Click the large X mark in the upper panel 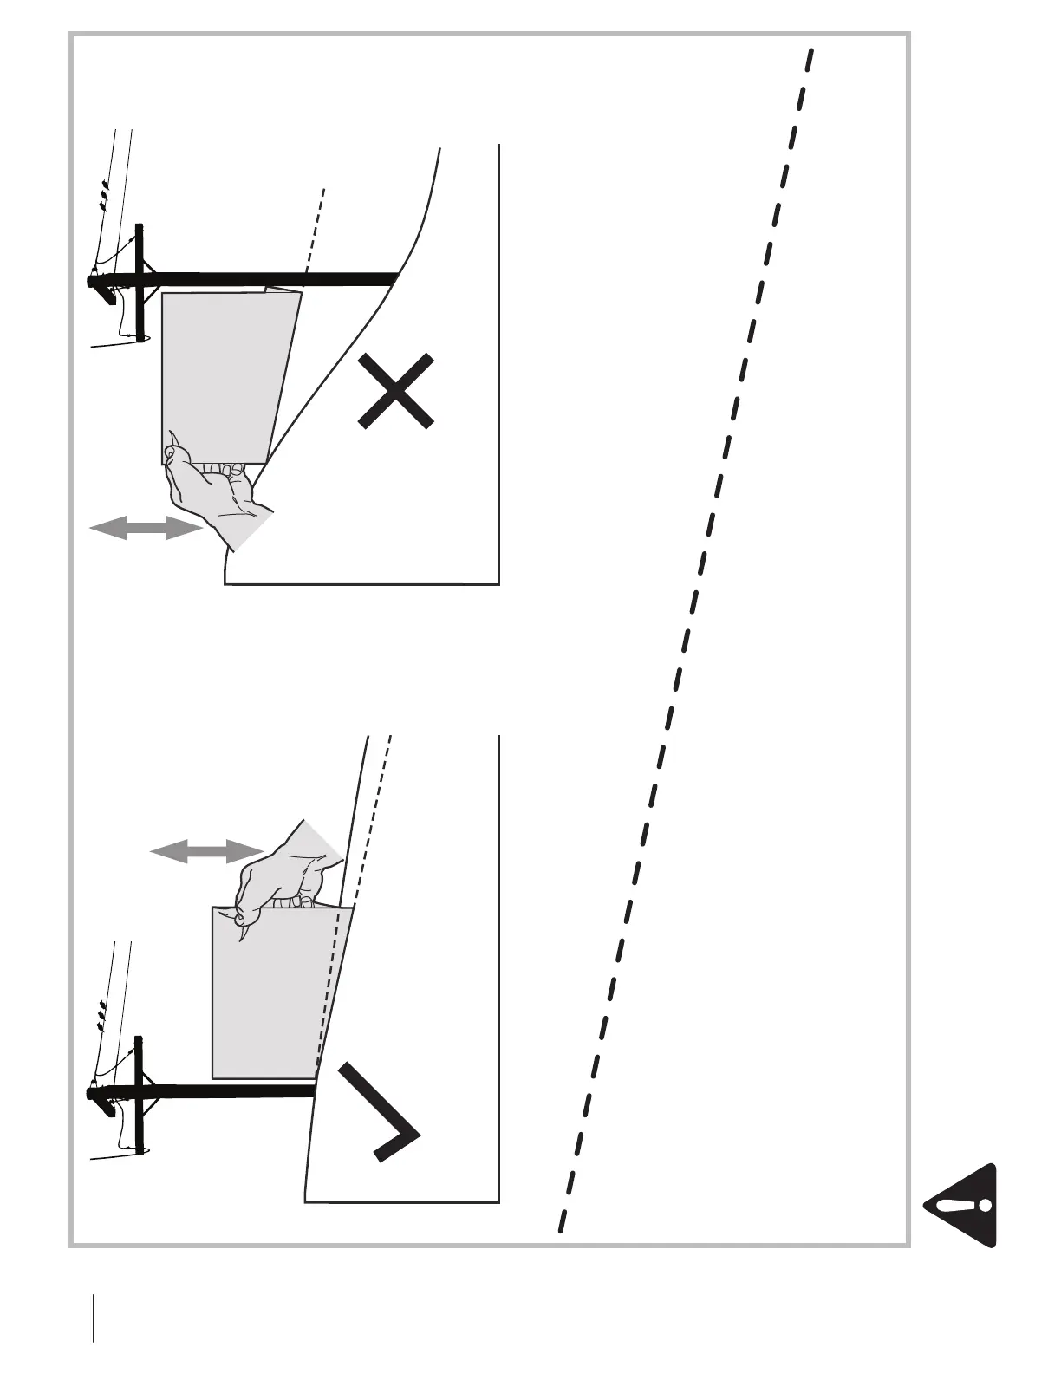395,390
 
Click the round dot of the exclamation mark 984,1205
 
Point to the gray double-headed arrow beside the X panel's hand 146,528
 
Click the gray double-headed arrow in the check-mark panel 206,851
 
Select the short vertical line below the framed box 93,1318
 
